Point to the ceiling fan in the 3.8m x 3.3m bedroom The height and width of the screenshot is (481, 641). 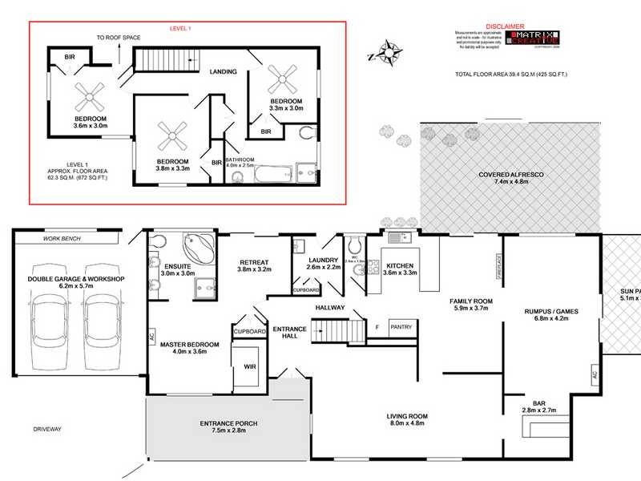(x=172, y=137)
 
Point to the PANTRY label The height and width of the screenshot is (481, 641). (x=401, y=326)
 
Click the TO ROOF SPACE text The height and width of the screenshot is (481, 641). (x=118, y=38)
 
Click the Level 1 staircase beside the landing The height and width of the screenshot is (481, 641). (x=163, y=60)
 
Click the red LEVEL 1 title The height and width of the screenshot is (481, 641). (x=180, y=28)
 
